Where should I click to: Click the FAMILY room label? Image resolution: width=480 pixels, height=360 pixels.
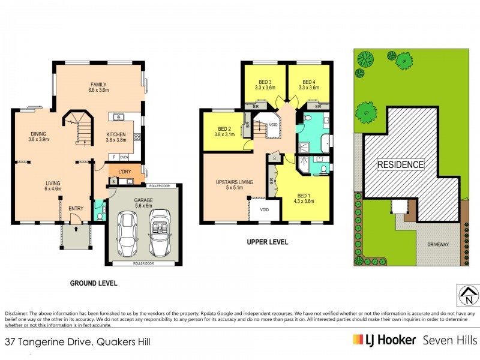[98, 85]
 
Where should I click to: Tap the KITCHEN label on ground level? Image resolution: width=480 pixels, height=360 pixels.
[116, 135]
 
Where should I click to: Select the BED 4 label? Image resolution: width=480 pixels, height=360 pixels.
[309, 82]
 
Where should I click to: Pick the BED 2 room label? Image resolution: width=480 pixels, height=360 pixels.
[224, 129]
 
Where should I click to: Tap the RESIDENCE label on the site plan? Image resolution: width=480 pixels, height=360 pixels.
[400, 164]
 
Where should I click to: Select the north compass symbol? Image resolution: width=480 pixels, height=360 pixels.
[468, 295]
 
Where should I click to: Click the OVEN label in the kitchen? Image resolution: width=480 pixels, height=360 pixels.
[124, 157]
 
